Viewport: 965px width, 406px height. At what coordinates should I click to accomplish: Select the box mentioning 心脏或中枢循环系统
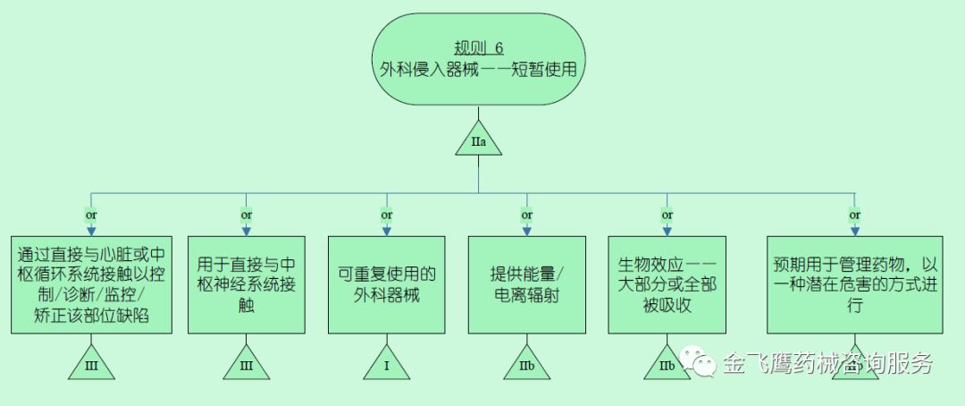click(x=92, y=284)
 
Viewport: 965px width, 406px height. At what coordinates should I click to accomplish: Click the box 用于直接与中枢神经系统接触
click(x=246, y=284)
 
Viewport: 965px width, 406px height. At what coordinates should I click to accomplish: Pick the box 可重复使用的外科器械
click(x=386, y=284)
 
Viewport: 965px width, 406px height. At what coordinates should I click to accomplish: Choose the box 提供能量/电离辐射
click(x=526, y=284)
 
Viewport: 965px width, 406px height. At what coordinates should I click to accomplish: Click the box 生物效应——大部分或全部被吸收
click(x=667, y=284)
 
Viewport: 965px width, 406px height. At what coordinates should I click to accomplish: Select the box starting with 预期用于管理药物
click(x=855, y=284)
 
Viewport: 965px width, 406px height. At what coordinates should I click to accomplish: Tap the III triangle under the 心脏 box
click(x=92, y=365)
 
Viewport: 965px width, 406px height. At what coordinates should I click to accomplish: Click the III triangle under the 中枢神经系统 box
click(x=246, y=365)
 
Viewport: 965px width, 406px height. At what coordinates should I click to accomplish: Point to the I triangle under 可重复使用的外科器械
click(x=386, y=365)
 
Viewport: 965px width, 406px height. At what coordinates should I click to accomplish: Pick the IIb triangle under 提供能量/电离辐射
click(x=526, y=365)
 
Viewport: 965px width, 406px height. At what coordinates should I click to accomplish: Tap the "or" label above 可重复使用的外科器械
click(x=386, y=215)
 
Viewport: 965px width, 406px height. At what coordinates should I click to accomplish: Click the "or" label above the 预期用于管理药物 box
click(x=855, y=215)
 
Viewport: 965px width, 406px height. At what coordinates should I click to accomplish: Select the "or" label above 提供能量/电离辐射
click(x=526, y=215)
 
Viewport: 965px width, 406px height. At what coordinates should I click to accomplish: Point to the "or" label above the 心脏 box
click(x=91, y=215)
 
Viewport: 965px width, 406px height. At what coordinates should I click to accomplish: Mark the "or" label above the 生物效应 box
click(x=667, y=215)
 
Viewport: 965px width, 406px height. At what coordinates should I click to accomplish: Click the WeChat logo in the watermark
click(x=698, y=361)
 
